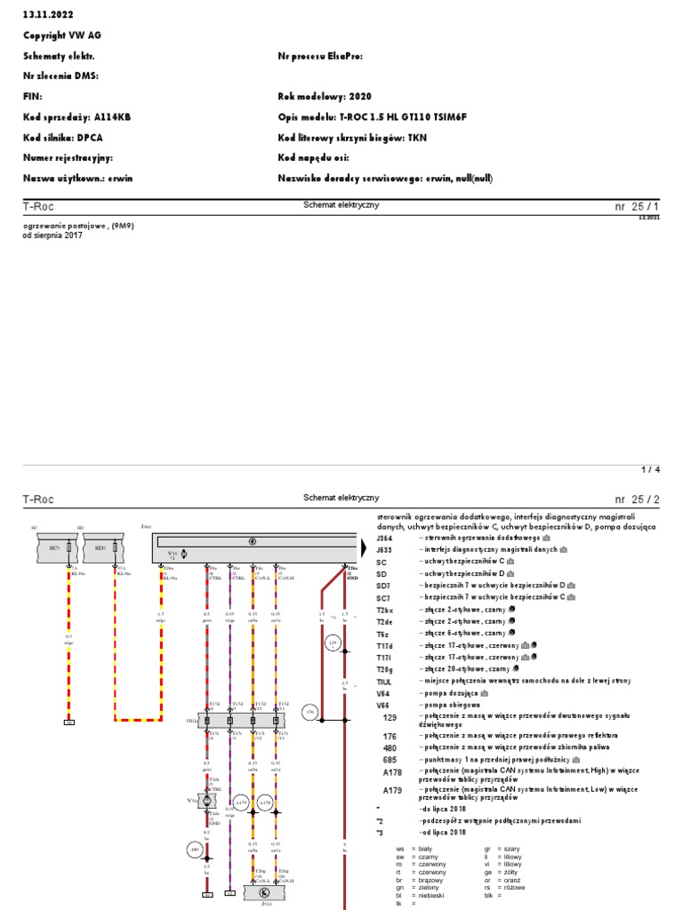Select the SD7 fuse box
(100, 548)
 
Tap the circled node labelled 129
(333, 642)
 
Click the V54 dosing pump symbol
(207, 801)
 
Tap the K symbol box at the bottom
(263, 892)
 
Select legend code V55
(383, 703)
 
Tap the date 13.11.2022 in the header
(45, 12)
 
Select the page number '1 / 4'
(651, 468)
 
